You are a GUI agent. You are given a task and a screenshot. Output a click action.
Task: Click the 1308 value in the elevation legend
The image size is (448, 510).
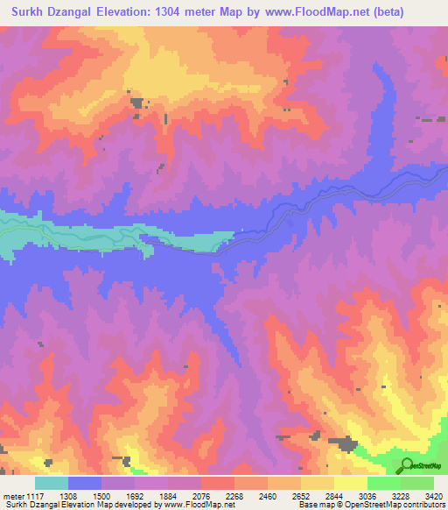pyautogui.click(x=52, y=494)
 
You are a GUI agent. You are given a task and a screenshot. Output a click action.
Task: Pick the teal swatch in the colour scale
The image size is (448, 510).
pyautogui.click(x=52, y=483)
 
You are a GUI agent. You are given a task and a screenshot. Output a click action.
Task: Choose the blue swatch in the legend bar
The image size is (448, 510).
pyautogui.click(x=85, y=483)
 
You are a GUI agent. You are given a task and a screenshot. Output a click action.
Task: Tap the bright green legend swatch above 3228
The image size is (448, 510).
pyautogui.click(x=384, y=483)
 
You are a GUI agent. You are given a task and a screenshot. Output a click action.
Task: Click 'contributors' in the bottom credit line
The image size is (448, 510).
pyautogui.click(x=424, y=505)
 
